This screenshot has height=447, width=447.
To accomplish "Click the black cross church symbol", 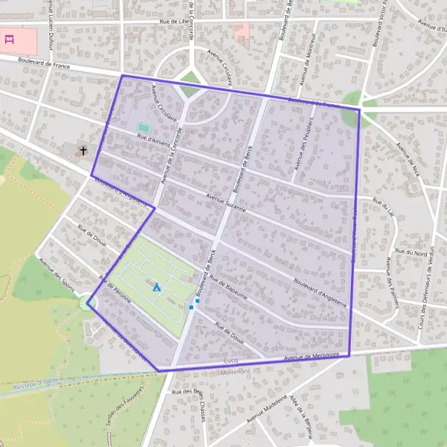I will (83, 150).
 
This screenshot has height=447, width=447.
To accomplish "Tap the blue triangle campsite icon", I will (156, 287).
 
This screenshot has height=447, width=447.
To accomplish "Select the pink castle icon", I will (10, 38).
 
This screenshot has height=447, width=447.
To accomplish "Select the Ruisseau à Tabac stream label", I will (36, 387).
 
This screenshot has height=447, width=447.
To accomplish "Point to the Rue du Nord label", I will (411, 253).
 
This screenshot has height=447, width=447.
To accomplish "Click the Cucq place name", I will (230, 360).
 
